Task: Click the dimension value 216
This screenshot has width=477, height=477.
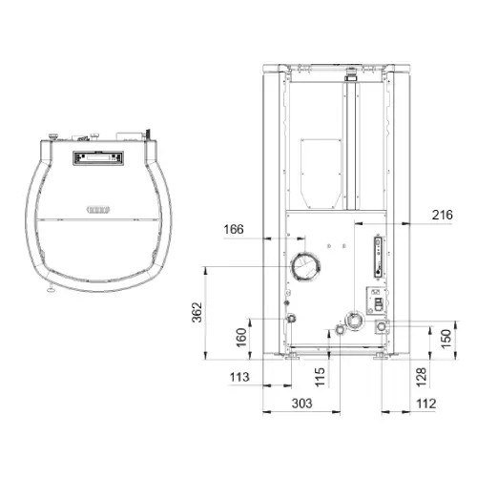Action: point(442,215)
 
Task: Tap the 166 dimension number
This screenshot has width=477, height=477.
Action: point(234,229)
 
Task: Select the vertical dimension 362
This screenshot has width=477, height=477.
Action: point(197,312)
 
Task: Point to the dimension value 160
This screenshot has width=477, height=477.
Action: point(241,338)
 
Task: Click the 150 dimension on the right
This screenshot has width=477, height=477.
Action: point(446,339)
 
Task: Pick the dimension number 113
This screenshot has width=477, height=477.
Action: point(239,377)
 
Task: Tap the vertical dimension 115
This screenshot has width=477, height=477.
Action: point(320,377)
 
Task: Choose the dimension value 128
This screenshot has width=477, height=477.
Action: point(421,378)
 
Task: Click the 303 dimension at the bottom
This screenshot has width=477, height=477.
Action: point(302,404)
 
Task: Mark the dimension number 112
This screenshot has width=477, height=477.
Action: point(425,404)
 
